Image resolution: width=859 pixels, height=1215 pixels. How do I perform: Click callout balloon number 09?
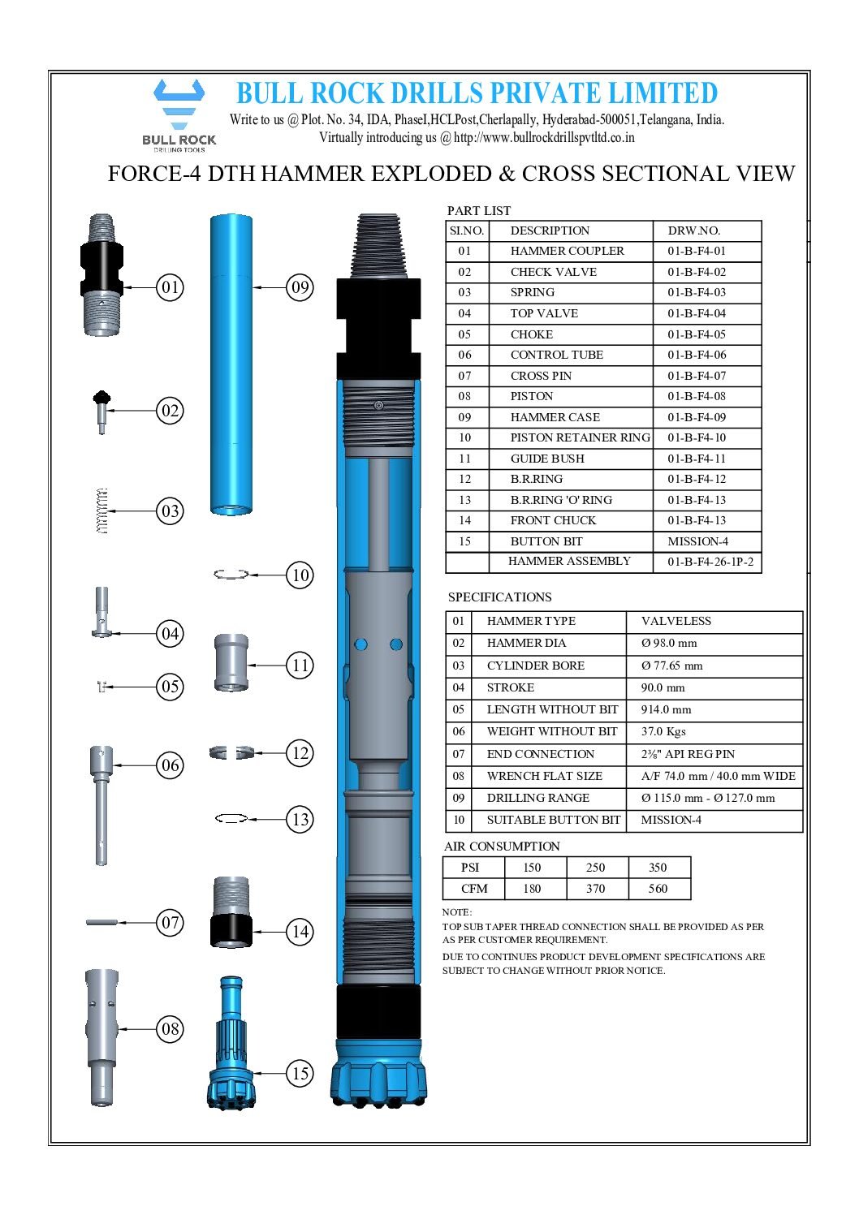pyautogui.click(x=300, y=287)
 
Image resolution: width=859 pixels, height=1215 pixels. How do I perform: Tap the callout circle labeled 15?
pyautogui.click(x=300, y=1074)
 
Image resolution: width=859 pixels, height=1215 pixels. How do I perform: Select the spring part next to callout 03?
pyautogui.click(x=101, y=511)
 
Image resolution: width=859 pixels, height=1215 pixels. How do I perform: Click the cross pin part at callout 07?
pyautogui.click(x=102, y=922)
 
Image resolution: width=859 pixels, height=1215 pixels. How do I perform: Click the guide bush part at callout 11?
pyautogui.click(x=231, y=663)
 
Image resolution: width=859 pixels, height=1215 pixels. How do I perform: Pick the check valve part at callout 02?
pyautogui.click(x=101, y=411)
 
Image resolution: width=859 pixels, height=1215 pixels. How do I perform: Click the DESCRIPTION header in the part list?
pyautogui.click(x=550, y=231)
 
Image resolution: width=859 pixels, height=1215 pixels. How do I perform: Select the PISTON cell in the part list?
pyautogui.click(x=532, y=397)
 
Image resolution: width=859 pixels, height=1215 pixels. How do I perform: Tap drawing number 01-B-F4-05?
pyautogui.click(x=697, y=334)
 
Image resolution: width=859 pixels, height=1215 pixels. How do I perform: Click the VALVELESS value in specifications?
pyautogui.click(x=676, y=622)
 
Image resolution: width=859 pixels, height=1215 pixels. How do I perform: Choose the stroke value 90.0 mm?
pyautogui.click(x=663, y=688)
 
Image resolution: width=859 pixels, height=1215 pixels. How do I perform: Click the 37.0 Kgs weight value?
pyautogui.click(x=663, y=732)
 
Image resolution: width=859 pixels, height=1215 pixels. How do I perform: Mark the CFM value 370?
pyautogui.click(x=596, y=890)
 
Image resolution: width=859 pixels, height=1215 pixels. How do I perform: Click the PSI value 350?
pyautogui.click(x=658, y=868)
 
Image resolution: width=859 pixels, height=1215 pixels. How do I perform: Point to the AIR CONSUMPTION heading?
pyautogui.click(x=502, y=847)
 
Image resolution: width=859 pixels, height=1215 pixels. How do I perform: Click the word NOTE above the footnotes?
pyautogui.click(x=456, y=912)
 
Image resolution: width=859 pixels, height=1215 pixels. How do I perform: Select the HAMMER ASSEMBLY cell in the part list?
pyautogui.click(x=569, y=562)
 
